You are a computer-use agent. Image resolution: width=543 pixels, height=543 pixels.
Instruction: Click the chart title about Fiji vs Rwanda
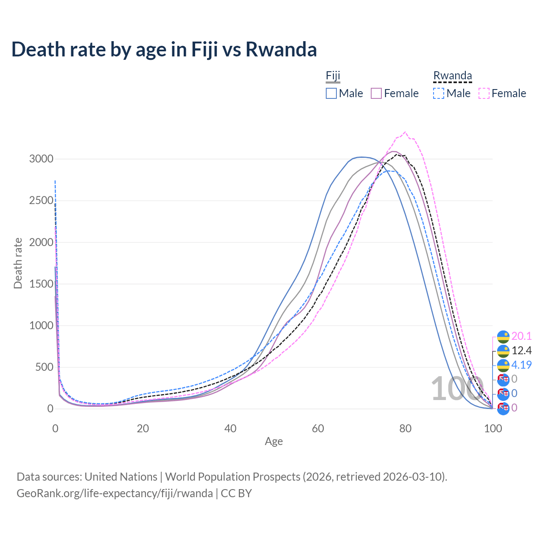click(x=164, y=49)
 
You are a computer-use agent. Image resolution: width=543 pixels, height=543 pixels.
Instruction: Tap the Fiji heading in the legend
click(x=333, y=76)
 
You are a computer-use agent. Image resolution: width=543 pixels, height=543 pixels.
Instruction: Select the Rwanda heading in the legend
click(x=452, y=76)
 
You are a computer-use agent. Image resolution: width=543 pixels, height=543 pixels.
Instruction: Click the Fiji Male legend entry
click(x=344, y=93)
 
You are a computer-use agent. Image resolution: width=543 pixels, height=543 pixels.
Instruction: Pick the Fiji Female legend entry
click(x=395, y=93)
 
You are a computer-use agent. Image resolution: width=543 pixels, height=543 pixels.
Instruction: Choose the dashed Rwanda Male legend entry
click(x=452, y=93)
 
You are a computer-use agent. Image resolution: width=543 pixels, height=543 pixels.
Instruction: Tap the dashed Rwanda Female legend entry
click(x=502, y=93)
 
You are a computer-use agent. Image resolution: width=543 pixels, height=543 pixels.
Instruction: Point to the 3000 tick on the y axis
click(x=41, y=159)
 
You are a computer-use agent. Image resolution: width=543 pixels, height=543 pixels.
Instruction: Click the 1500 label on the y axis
click(x=41, y=284)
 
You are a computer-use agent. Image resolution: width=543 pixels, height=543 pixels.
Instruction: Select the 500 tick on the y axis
click(x=44, y=367)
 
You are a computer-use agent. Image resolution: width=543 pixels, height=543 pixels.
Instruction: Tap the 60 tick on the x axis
click(x=318, y=428)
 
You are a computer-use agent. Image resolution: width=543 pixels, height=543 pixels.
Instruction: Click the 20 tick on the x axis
click(x=143, y=428)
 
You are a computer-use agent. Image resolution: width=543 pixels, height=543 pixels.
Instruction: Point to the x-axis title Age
click(x=274, y=442)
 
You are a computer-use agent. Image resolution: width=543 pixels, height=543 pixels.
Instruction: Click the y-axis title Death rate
click(x=18, y=263)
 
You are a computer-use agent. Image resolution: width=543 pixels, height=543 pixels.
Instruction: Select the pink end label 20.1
click(x=521, y=336)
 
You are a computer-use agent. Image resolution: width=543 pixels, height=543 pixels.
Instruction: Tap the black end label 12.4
click(x=521, y=351)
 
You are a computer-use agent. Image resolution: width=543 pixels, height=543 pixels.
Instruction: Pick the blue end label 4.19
click(x=521, y=365)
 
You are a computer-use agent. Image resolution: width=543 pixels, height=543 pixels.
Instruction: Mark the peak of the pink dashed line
click(x=405, y=132)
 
